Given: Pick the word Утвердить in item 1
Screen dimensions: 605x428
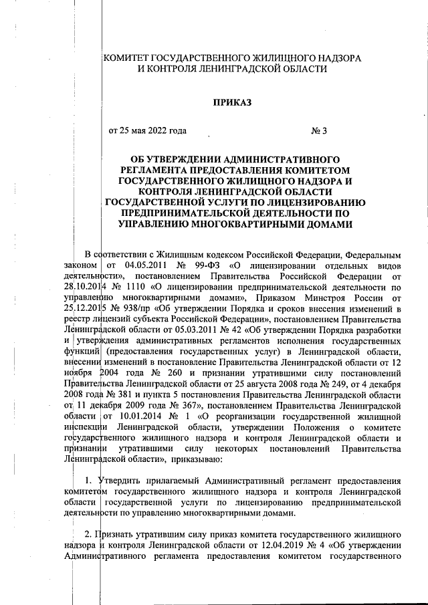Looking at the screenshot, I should [x=118, y=482].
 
